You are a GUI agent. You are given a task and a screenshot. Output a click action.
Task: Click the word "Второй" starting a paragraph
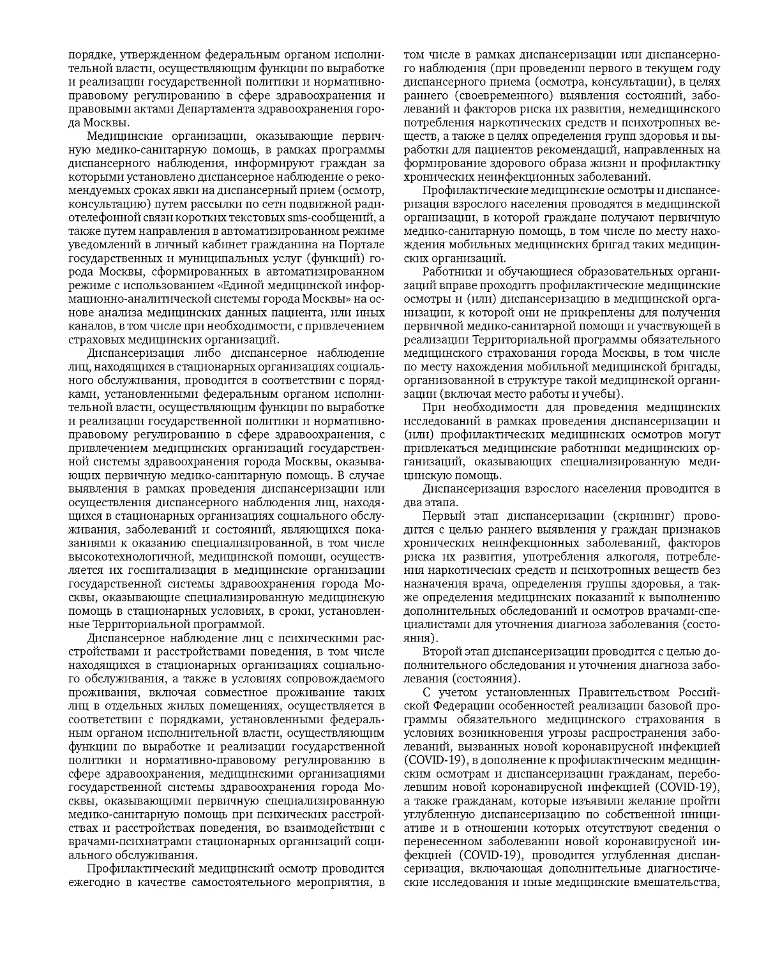pyautogui.click(x=439, y=652)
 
